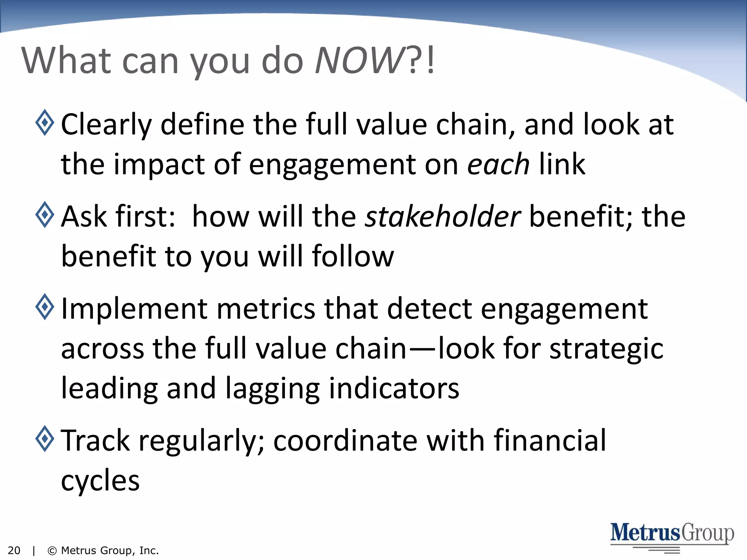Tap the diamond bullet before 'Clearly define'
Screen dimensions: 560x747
[x=45, y=122]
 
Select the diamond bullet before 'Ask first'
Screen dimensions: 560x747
[x=45, y=215]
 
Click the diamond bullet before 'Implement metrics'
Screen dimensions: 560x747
[x=45, y=307]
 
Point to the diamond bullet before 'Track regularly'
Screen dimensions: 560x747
[x=45, y=439]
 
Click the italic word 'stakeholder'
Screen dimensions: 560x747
[x=443, y=216]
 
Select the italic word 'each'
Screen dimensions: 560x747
[x=498, y=164]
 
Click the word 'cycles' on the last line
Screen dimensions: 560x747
[x=100, y=481]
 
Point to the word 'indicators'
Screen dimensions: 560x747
[x=394, y=389]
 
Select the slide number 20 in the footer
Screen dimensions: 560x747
[x=14, y=551]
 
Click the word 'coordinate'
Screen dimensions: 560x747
[x=345, y=440]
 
